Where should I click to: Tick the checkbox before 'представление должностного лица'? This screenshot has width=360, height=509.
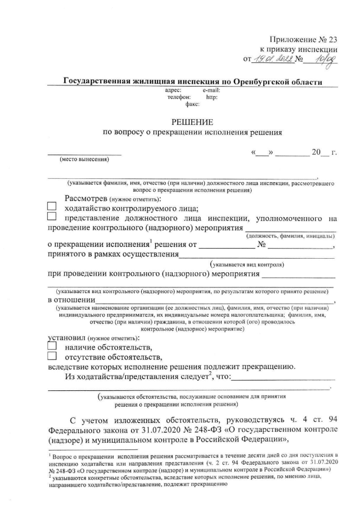coord(52,217)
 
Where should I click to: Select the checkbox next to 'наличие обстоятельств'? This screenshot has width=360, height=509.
coord(52,347)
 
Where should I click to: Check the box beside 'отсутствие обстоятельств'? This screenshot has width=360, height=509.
coord(52,357)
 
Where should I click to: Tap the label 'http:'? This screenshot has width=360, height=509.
coord(212,97)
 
